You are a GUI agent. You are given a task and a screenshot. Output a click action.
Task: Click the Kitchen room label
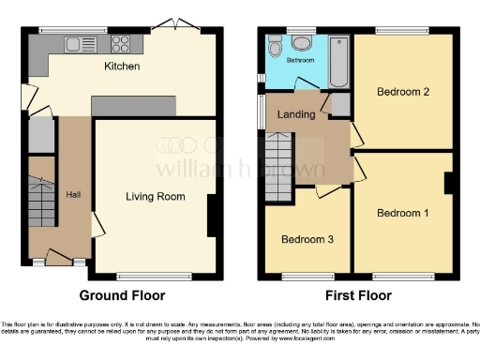(x=122, y=67)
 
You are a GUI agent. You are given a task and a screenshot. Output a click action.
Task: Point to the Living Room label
(x=156, y=197)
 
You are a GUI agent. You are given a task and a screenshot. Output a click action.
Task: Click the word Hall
(x=73, y=194)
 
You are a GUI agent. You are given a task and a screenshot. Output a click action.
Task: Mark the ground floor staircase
(x=42, y=198)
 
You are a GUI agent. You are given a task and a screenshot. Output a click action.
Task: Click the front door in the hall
(x=58, y=256)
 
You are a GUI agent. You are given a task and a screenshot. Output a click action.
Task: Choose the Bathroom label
(x=301, y=60)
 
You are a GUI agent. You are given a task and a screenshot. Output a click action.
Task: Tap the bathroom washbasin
(x=302, y=42)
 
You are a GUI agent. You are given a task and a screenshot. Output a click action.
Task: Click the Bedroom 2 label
(x=402, y=92)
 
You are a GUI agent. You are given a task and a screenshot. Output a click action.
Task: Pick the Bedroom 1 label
(x=402, y=213)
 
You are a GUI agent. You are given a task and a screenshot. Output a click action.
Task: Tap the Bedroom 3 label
(x=305, y=238)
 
